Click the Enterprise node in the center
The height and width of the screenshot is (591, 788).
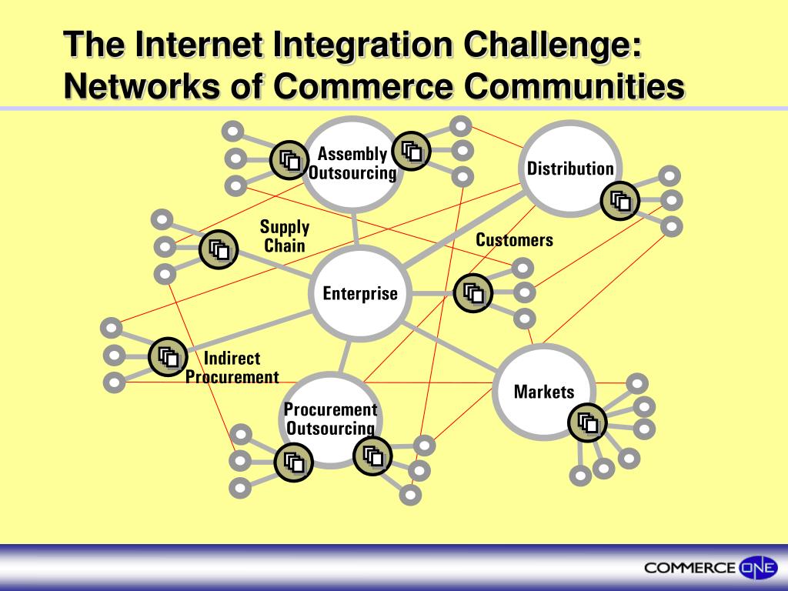[360, 293]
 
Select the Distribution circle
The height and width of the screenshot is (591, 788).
[570, 169]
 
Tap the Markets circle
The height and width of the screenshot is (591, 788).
[543, 391]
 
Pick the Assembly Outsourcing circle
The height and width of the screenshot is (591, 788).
[352, 163]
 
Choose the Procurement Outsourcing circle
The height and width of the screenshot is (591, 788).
[330, 419]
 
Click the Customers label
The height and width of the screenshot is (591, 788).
[514, 240]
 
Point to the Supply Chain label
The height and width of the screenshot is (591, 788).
[285, 236]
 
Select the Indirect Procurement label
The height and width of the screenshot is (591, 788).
[232, 368]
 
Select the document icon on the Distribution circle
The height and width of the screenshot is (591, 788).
[620, 201]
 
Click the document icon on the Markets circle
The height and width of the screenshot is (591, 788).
[588, 422]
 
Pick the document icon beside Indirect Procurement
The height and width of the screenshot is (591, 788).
[168, 356]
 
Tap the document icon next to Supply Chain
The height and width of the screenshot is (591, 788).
[219, 249]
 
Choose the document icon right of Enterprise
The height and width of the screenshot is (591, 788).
[472, 293]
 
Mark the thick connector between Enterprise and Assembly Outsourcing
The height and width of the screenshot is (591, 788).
[356, 229]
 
